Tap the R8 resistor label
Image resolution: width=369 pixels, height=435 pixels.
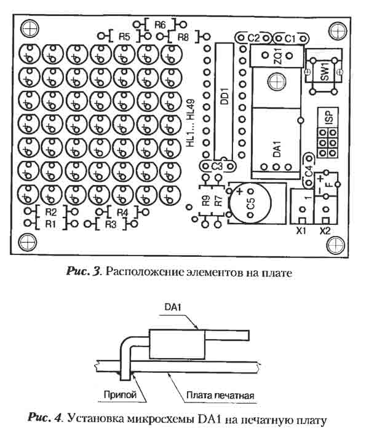click(x=183, y=37)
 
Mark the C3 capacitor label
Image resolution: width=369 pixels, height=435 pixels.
click(x=216, y=166)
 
